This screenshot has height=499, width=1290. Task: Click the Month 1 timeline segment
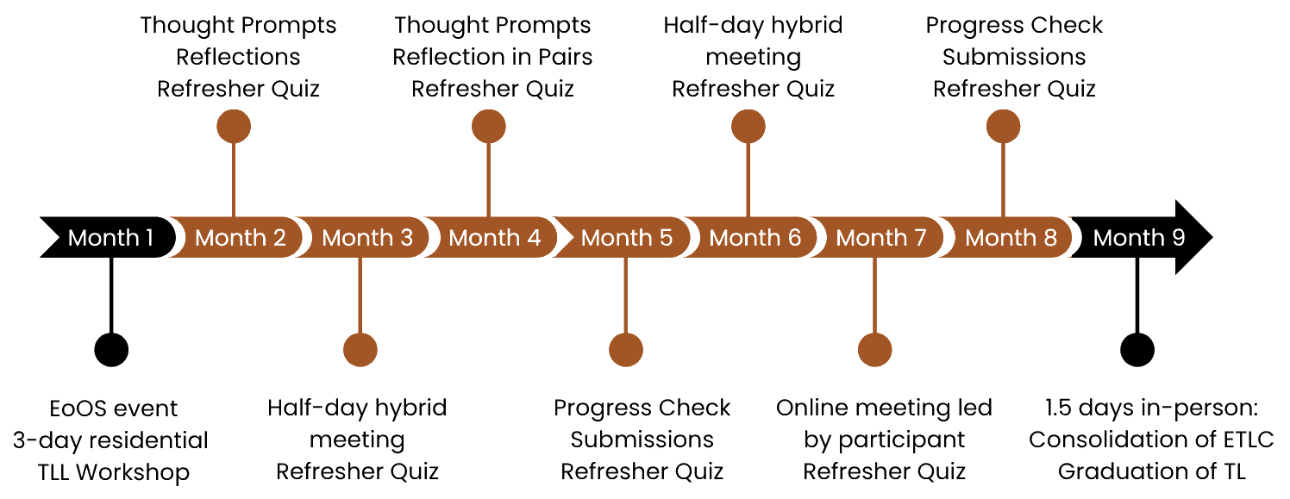(x=110, y=237)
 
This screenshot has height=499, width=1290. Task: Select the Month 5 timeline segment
(x=626, y=237)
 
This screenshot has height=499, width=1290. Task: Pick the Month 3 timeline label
(x=367, y=237)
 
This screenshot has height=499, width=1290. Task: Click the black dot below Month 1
(x=110, y=350)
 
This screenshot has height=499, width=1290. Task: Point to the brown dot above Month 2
(x=234, y=126)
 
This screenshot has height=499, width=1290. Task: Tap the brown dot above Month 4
(x=489, y=126)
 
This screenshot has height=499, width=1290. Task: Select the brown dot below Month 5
(x=626, y=350)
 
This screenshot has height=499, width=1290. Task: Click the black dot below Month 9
(x=1137, y=350)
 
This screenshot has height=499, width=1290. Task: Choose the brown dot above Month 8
(x=1003, y=126)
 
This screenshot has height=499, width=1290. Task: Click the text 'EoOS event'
(x=113, y=408)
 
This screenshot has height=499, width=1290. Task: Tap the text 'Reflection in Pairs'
(x=492, y=57)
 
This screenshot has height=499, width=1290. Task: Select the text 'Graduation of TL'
(x=1152, y=471)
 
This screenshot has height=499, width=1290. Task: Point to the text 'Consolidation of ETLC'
(x=1152, y=440)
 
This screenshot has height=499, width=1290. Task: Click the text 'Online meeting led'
(x=884, y=408)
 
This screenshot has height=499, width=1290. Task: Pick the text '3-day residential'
(x=110, y=440)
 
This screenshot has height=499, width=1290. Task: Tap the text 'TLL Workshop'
(x=113, y=471)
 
